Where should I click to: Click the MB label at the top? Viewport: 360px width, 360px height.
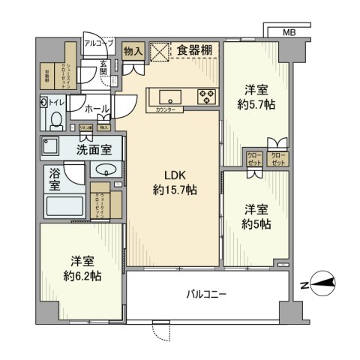click(x=289, y=33)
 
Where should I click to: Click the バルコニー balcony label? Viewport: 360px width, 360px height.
click(x=206, y=294)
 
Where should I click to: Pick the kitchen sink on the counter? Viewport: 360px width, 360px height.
click(x=168, y=96)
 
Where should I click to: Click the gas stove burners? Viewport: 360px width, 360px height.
click(x=206, y=95)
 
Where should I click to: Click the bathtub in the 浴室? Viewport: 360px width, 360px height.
click(x=64, y=205)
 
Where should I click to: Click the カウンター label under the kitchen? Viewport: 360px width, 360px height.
click(x=168, y=110)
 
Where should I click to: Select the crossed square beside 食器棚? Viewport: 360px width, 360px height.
click(x=160, y=51)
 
